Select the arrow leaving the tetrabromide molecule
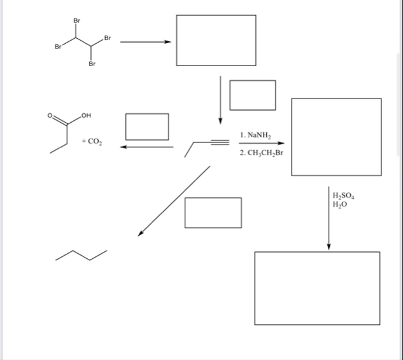146,43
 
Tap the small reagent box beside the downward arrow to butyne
253,95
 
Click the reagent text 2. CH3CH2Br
262,154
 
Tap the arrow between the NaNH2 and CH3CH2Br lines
262,144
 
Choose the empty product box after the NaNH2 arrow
336,137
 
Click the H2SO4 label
344,195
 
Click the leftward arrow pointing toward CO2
146,147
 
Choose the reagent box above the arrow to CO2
147,126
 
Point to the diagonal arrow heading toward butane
174,201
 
